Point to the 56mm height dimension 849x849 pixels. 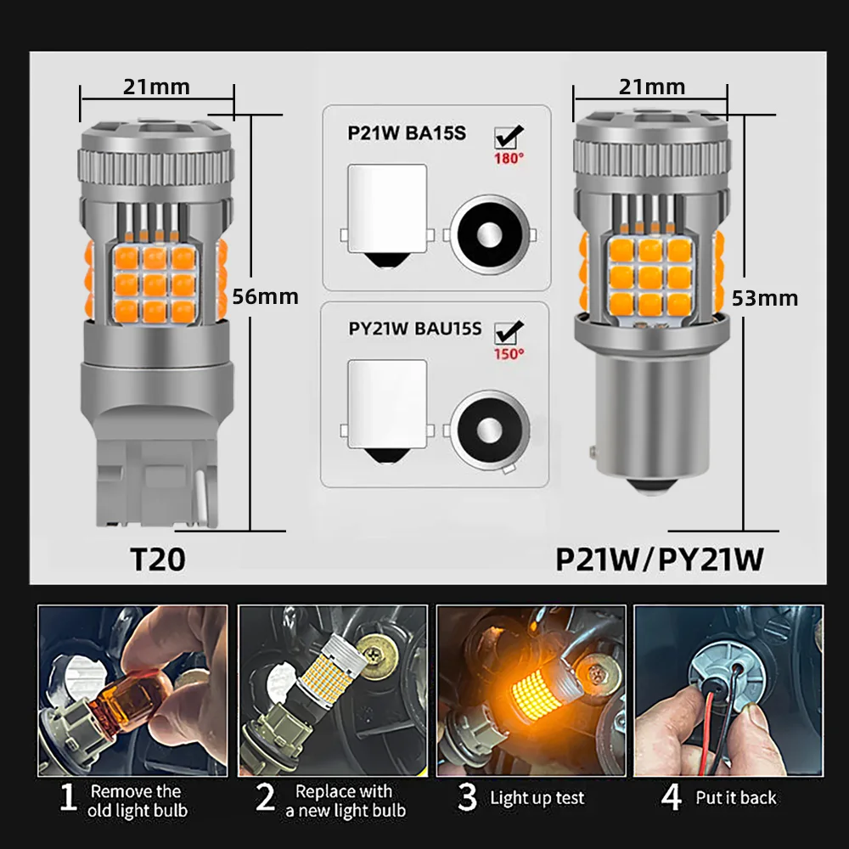(265, 296)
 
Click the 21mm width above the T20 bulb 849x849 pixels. (156, 87)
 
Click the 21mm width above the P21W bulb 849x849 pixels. (651, 87)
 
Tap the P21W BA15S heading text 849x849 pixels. (407, 133)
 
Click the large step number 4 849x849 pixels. (672, 799)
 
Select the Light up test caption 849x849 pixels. (537, 799)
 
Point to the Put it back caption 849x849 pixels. (735, 799)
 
